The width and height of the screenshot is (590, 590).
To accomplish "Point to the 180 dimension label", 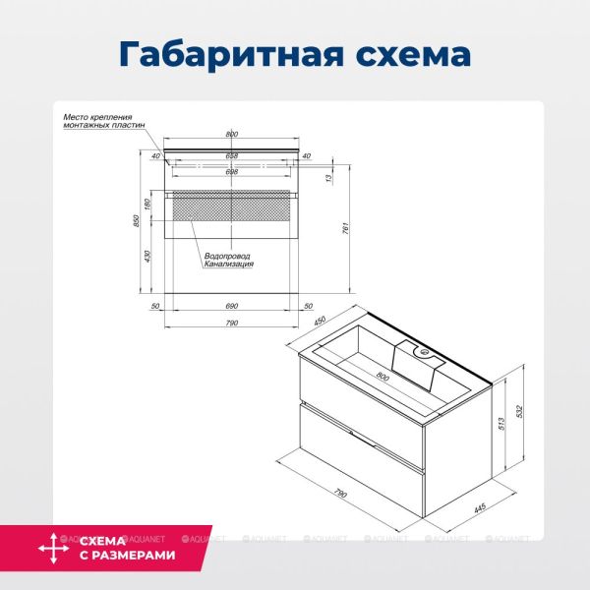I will coord(147,204).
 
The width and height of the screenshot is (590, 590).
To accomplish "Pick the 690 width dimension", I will coord(233,307).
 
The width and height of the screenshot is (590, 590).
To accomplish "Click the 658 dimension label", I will coord(232,155).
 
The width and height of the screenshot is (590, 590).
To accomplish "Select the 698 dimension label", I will coord(232,172).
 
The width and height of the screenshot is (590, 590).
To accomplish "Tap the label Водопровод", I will coord(228,257).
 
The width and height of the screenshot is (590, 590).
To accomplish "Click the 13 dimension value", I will coord(326,178).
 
